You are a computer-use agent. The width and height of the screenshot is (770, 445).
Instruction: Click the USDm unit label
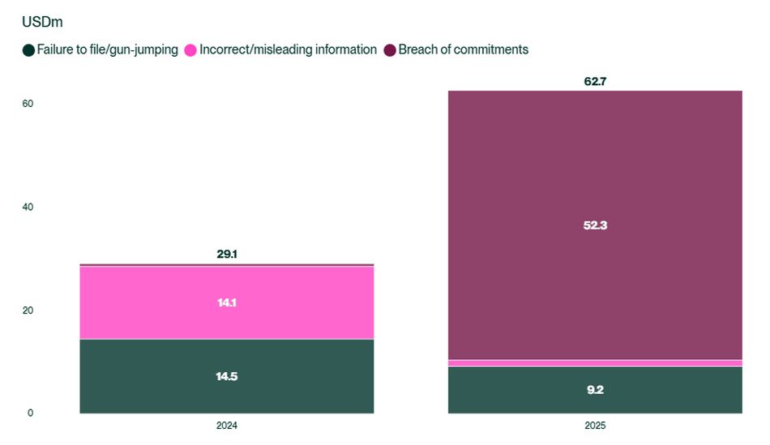(x=43, y=22)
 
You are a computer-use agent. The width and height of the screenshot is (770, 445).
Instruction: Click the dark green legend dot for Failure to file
(x=28, y=50)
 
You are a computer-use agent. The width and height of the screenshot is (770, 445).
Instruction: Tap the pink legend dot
(x=190, y=50)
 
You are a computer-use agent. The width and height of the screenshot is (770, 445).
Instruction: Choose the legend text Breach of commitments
(x=463, y=49)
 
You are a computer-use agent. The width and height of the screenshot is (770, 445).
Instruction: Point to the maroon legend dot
(x=390, y=50)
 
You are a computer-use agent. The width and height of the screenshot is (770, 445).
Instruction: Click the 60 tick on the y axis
(x=28, y=105)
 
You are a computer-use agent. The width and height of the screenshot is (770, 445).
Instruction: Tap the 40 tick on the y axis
(x=28, y=208)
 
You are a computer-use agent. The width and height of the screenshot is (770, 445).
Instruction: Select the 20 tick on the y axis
(x=28, y=310)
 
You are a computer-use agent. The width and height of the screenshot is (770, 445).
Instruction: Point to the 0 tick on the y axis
(x=30, y=413)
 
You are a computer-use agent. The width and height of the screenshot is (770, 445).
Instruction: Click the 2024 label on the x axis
(x=227, y=426)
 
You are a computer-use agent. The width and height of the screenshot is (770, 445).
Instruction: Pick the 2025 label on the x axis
(x=595, y=426)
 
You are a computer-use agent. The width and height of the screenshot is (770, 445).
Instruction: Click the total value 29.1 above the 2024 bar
(x=227, y=255)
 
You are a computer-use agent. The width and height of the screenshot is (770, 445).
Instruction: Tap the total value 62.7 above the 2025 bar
(x=595, y=81)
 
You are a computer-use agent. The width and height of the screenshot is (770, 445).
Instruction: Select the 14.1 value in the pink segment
(x=227, y=302)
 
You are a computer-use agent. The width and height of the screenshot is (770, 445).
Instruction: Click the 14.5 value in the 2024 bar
(x=227, y=377)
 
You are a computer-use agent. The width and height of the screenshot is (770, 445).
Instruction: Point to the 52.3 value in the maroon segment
(x=595, y=225)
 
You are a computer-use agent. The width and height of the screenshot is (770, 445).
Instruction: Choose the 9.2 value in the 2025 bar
(x=595, y=390)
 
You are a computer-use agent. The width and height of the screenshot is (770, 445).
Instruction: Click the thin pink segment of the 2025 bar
(x=595, y=363)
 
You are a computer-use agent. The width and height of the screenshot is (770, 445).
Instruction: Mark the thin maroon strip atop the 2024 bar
(x=227, y=265)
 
